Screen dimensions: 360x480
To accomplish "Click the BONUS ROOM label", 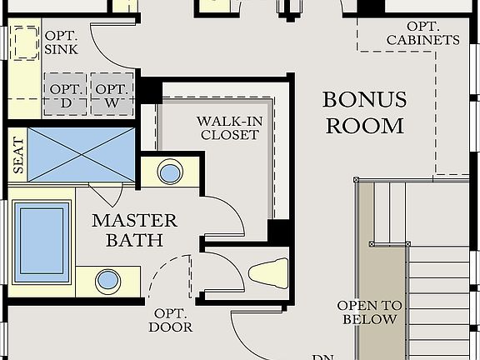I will [364, 113].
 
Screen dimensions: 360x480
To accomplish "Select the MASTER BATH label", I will [134, 230].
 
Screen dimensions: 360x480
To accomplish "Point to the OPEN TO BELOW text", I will [367, 312].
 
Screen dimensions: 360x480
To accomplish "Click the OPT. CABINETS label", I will [422, 32].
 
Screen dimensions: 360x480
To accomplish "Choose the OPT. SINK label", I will [62, 42].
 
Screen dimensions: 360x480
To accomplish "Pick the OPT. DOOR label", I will [172, 320].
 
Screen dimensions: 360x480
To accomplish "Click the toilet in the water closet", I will [267, 272].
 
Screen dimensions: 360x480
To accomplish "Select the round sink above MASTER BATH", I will [170, 173].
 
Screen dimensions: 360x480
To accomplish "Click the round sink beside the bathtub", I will [107, 281].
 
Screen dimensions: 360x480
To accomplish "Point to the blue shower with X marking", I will [82, 154].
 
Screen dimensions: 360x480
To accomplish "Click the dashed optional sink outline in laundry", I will [24, 42].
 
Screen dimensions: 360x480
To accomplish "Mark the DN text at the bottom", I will [322, 357].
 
